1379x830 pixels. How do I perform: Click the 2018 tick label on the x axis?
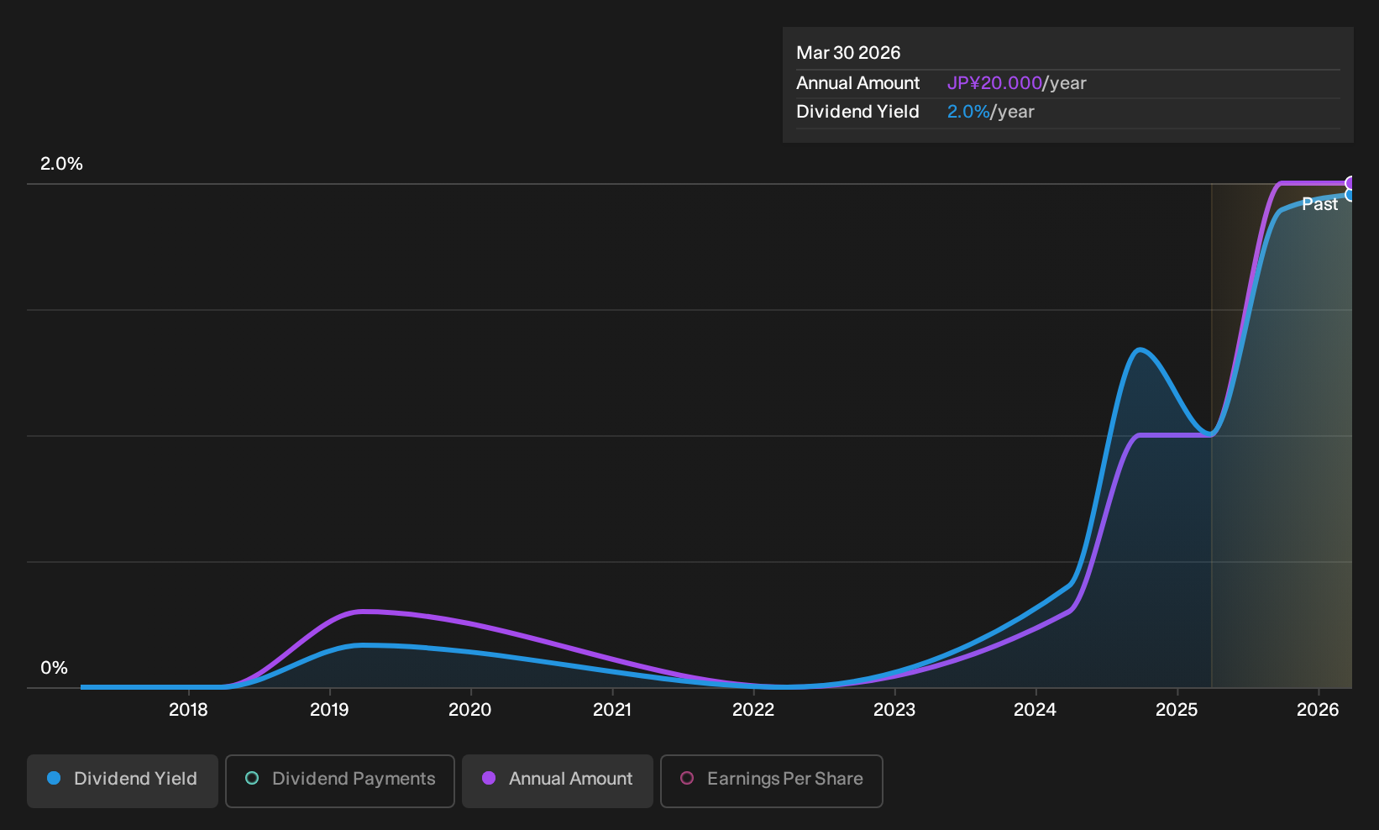coord(188,710)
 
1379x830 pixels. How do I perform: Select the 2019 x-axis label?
coord(329,710)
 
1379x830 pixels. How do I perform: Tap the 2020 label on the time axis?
coord(470,710)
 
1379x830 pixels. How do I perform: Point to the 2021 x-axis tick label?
coord(612,710)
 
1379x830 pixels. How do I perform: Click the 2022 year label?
coord(753,710)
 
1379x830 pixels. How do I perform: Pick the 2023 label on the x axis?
coord(894,710)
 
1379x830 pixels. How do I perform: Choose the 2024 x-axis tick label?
coord(1036,710)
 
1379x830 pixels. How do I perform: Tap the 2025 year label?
coord(1177,710)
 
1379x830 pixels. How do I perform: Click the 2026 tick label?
coord(1318,710)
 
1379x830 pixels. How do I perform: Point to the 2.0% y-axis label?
coord(61,164)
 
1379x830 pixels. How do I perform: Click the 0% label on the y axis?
coord(55,668)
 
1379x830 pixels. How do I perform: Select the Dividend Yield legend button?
coord(123,780)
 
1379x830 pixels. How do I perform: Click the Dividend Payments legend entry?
coord(340,780)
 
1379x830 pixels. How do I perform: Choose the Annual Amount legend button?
coord(557,780)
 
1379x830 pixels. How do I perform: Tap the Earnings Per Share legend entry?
coord(771,780)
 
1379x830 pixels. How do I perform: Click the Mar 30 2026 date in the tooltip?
coord(848,53)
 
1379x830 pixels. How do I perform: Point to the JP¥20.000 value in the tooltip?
coord(994,83)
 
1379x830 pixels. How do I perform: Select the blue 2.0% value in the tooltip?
coord(967,112)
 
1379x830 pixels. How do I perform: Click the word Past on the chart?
coord(1320,204)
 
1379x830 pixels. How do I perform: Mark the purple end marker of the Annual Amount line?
coord(1350,183)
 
